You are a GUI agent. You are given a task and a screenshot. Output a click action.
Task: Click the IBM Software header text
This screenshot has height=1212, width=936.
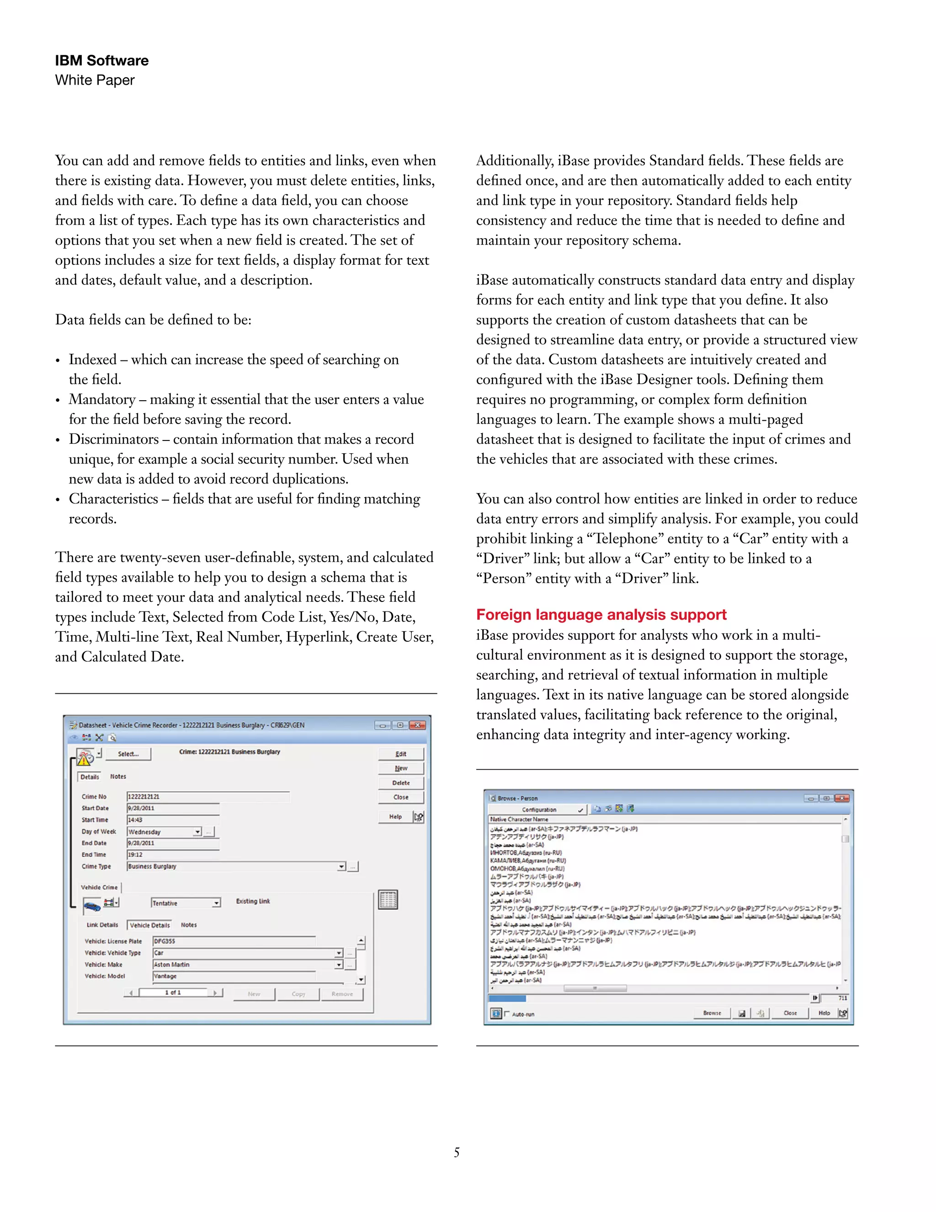pyautogui.click(x=101, y=60)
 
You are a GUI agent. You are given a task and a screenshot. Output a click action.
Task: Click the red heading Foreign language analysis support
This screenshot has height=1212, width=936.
pyautogui.click(x=601, y=614)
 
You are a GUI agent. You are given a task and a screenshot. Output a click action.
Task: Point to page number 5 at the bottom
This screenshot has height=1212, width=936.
pyautogui.click(x=457, y=1152)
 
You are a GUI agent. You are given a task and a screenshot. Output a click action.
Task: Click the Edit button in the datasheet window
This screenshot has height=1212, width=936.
pyautogui.click(x=400, y=754)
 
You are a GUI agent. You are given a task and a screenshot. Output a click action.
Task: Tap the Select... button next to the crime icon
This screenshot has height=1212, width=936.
pyautogui.click(x=128, y=754)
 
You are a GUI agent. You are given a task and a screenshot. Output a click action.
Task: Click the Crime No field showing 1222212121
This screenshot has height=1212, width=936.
pyautogui.click(x=208, y=796)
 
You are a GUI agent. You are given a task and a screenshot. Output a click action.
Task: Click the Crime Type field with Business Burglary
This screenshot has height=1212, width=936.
pyautogui.click(x=233, y=866)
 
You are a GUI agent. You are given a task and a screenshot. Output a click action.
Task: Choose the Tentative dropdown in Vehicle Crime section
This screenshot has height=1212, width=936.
pyautogui.click(x=185, y=903)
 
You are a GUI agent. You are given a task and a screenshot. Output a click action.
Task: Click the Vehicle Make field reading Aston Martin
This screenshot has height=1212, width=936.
pyautogui.click(x=244, y=965)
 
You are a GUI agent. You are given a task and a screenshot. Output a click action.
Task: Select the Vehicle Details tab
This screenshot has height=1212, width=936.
pyautogui.click(x=150, y=925)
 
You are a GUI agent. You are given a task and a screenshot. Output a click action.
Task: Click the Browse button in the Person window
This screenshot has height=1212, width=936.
pyautogui.click(x=712, y=1013)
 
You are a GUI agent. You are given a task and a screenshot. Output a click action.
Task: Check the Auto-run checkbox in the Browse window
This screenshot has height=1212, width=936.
pyautogui.click(x=507, y=1014)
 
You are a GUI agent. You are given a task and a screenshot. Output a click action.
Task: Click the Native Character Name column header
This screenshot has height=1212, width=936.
pyautogui.click(x=519, y=819)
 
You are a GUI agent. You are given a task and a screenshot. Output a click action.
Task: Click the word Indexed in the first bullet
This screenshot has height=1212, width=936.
pyautogui.click(x=93, y=359)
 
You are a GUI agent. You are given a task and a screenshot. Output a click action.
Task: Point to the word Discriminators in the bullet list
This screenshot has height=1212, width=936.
pyautogui.click(x=114, y=439)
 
